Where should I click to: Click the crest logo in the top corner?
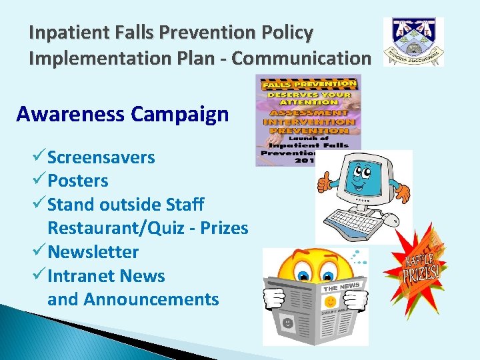(413, 42)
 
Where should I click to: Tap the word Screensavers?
(101, 158)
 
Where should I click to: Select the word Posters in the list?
(77, 181)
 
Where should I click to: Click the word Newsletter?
(93, 252)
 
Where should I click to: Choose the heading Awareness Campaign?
(122, 115)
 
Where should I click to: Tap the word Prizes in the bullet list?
(224, 229)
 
